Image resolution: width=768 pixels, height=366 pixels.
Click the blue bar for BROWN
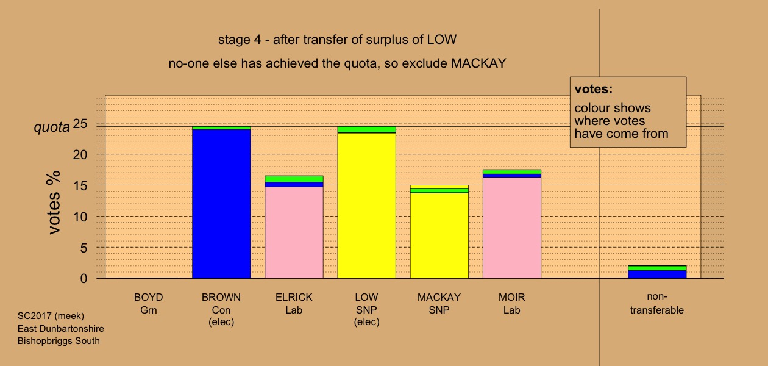[221, 203]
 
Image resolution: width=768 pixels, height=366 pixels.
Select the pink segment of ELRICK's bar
[294, 232]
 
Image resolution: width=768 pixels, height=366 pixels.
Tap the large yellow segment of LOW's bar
[366, 206]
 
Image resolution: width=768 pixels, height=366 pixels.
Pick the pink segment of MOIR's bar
[512, 228]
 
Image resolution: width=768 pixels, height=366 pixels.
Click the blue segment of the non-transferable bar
[657, 274]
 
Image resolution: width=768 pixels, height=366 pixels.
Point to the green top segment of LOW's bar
[366, 129]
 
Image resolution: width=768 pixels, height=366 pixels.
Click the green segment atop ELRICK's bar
[294, 179]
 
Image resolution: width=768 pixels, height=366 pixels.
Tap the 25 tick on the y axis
[80, 123]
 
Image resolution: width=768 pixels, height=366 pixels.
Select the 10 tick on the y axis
[80, 217]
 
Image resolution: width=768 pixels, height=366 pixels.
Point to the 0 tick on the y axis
[84, 279]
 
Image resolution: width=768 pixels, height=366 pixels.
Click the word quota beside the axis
[52, 127]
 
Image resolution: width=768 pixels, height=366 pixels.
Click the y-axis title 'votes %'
[54, 203]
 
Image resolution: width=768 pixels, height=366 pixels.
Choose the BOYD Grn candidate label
[149, 304]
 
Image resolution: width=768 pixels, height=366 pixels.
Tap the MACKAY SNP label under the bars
[439, 304]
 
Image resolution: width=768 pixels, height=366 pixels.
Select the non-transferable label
[657, 303]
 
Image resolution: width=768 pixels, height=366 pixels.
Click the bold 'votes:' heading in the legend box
[594, 89]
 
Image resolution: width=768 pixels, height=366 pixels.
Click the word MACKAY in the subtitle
[478, 63]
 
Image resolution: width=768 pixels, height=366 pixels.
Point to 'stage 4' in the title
[240, 40]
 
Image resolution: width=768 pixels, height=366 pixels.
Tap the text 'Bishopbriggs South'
[59, 341]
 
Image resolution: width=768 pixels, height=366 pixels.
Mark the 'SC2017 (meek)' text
[51, 316]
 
